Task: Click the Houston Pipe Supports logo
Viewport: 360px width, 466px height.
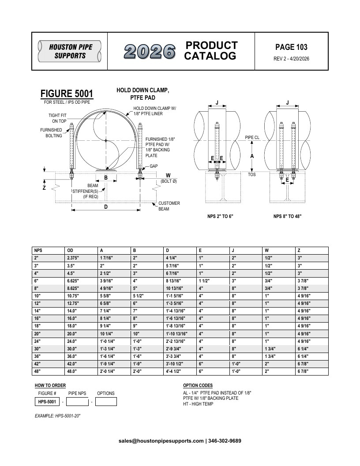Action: click(70, 51)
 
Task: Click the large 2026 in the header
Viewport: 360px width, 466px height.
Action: click(150, 52)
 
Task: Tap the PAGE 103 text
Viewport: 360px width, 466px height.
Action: click(291, 47)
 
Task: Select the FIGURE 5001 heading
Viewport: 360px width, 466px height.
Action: click(67, 93)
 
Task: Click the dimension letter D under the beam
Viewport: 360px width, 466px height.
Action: click(106, 207)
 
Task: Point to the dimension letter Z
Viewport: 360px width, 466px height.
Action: click(44, 188)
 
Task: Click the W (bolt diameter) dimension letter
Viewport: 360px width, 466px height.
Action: click(168, 175)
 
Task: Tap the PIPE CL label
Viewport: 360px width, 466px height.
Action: click(252, 137)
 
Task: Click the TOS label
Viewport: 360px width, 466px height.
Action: click(252, 174)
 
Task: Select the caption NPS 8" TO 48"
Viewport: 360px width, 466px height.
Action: click(287, 216)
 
